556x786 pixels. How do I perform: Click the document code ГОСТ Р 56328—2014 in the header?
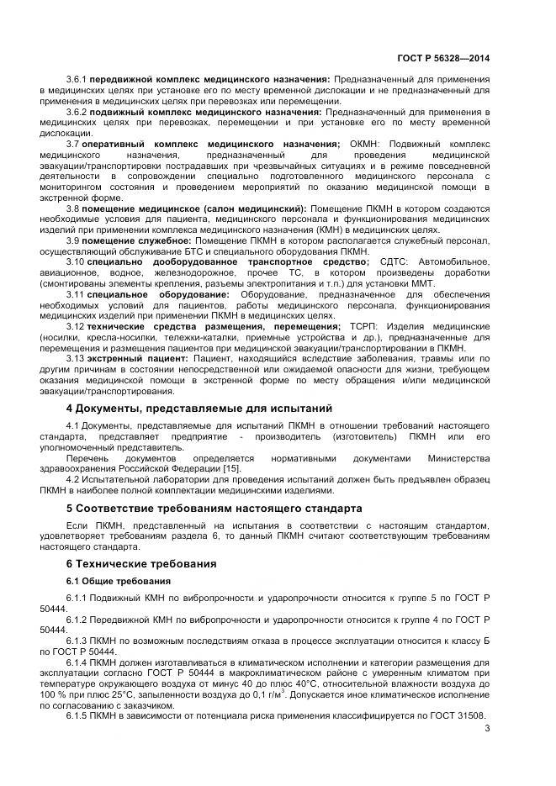click(x=444, y=59)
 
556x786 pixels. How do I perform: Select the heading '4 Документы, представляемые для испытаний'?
click(x=199, y=409)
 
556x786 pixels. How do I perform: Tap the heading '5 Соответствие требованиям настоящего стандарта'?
click(x=214, y=509)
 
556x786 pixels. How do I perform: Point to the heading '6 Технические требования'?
click(x=141, y=563)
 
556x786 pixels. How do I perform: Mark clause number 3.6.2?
click(x=77, y=112)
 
